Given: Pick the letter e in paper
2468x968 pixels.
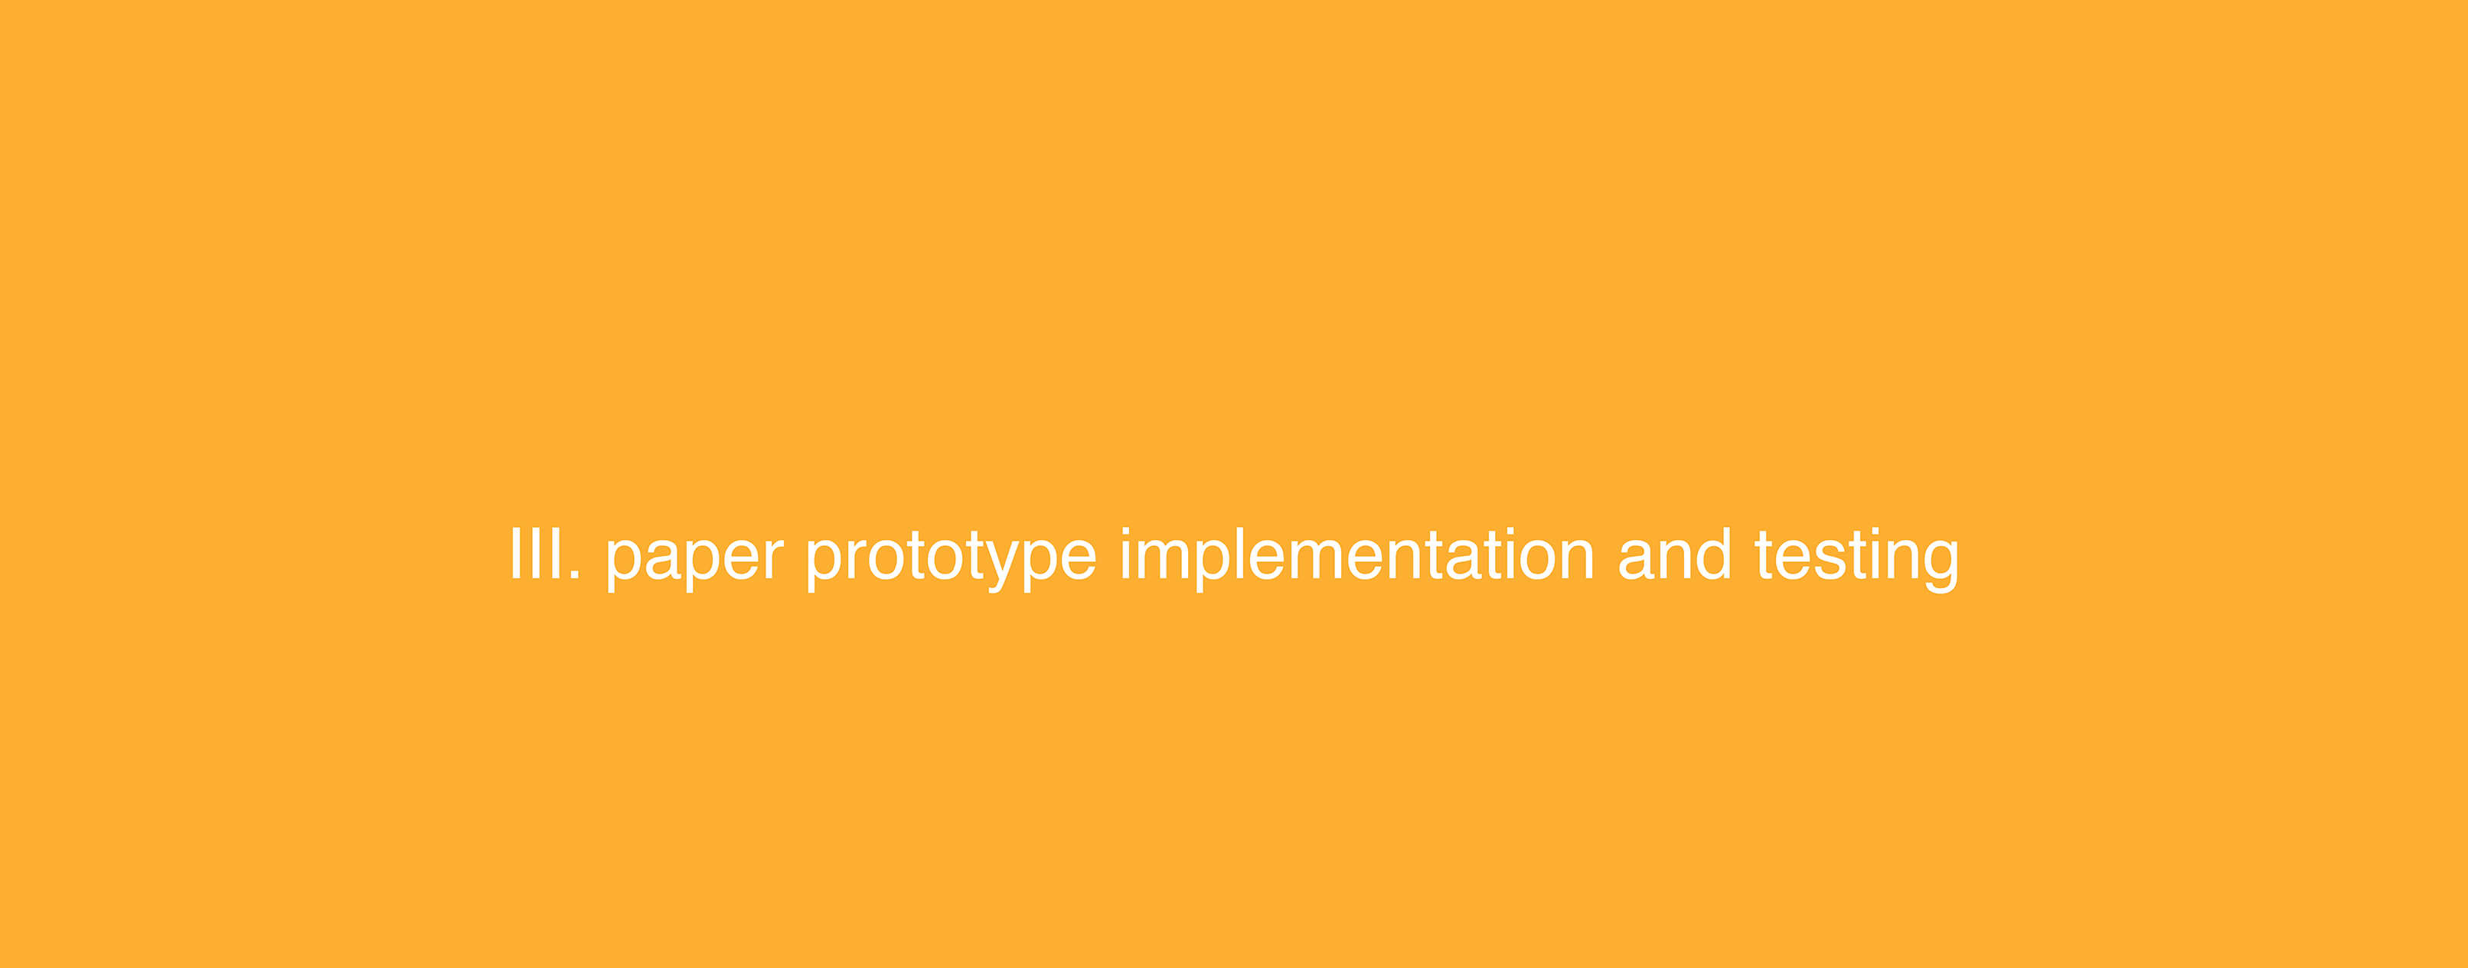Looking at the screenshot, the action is click(x=742, y=560).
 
